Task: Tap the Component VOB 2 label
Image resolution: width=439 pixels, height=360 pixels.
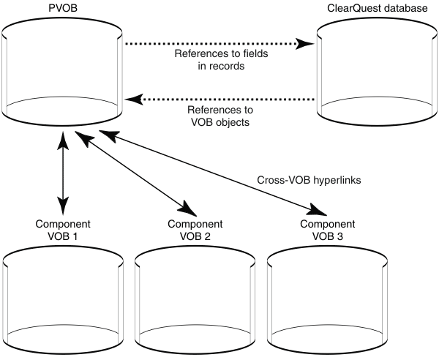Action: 195,230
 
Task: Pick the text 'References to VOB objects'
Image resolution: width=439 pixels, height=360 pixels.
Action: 219,117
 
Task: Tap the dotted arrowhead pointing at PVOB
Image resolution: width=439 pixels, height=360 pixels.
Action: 132,98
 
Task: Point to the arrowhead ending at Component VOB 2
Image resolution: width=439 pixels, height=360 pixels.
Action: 187,208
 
